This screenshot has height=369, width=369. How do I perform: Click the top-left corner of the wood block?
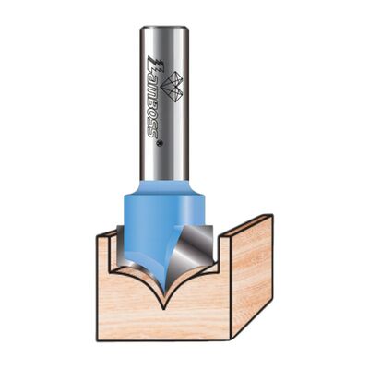pos(99,235)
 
